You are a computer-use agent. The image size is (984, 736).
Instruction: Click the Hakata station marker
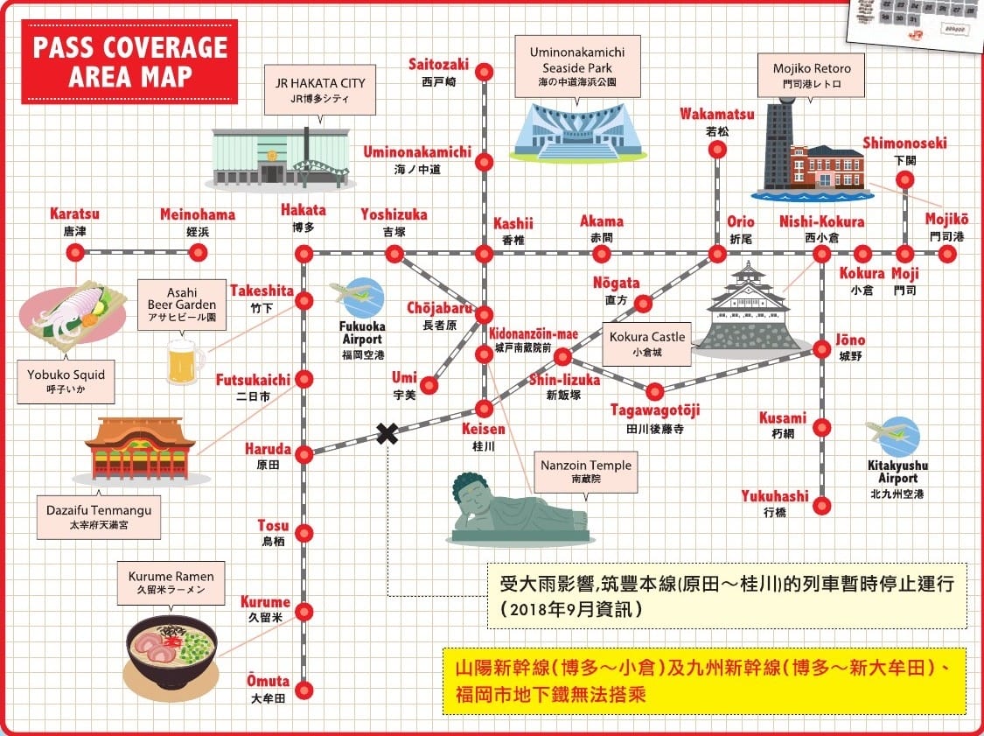point(304,254)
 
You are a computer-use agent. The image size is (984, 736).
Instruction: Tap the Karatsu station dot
point(75,253)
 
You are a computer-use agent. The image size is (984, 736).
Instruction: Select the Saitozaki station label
point(439,64)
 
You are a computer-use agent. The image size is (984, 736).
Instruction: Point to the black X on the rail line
point(386,433)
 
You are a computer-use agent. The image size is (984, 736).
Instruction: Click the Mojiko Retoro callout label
point(812,75)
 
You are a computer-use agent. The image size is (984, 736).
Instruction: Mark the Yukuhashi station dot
point(821,505)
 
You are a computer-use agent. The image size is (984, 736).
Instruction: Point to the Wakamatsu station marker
point(717,150)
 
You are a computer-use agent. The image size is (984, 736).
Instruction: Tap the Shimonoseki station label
point(904,143)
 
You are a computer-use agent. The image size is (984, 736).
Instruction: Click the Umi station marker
point(429,385)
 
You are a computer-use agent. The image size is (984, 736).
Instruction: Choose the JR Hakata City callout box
point(320,90)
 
